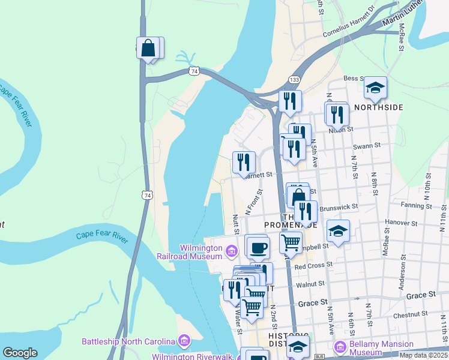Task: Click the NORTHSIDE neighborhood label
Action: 378,107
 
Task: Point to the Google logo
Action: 20,353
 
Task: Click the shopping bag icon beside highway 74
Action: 148,47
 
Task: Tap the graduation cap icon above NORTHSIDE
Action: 376,88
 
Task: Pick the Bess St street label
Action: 354,78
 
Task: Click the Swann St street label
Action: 367,146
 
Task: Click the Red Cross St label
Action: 309,265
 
